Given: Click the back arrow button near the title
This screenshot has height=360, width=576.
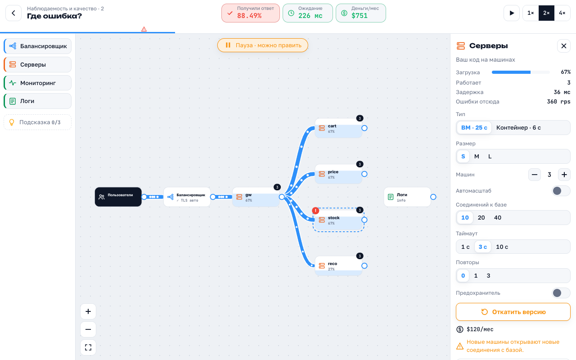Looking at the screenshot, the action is coord(13,13).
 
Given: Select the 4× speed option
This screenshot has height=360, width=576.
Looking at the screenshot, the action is coord(562,13).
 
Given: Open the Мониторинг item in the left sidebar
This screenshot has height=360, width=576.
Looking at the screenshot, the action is coord(38,83).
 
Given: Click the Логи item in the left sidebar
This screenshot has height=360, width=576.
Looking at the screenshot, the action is coord(38,101).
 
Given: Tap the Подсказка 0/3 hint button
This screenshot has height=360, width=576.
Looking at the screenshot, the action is coord(38,122).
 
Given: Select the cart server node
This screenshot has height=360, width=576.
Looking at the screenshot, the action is coord(338,128).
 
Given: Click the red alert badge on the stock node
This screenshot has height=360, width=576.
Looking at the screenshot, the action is coord(315,211).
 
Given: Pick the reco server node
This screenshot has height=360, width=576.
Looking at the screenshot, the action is coord(338,266).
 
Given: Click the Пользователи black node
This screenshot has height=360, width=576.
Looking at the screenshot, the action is coord(118,197).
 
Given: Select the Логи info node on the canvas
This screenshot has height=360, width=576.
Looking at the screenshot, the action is coord(407,197).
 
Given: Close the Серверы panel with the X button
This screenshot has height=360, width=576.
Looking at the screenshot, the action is coord(564,46).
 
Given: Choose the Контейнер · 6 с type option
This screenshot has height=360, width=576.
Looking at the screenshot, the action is coord(518,128).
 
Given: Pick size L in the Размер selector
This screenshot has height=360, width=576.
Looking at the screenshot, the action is coord(490,156).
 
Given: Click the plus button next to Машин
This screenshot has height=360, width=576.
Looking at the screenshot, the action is coord(564,175).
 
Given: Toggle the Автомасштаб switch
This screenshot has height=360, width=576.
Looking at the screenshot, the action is coord(561,191).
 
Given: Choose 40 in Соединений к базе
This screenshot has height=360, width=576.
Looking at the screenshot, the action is coord(498,218).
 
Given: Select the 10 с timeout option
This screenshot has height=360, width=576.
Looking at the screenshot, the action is coord(502,247).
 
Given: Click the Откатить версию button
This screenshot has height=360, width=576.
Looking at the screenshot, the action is coord(513,312).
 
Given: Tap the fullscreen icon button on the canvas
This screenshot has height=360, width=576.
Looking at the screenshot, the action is coord(88,347).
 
